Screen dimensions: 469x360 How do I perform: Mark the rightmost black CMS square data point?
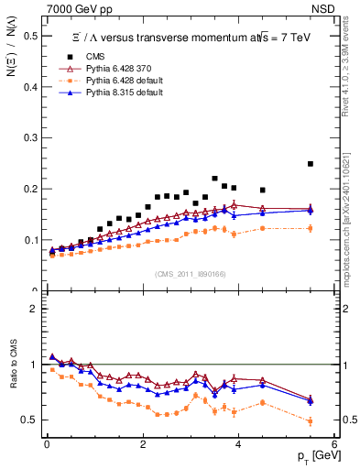point(311,164)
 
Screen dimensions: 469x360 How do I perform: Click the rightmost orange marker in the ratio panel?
point(311,421)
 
